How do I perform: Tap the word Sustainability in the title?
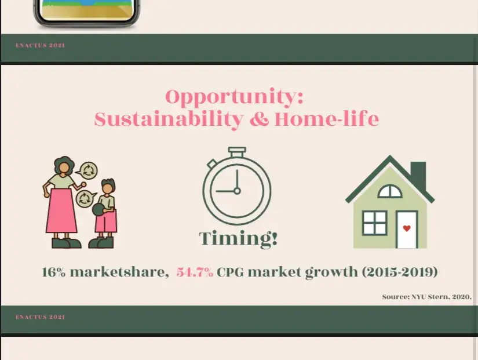169,119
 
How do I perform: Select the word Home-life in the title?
327,119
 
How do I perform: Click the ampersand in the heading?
259,119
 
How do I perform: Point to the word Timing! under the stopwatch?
238,238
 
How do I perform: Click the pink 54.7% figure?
195,272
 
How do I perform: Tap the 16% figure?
53,272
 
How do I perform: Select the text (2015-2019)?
400,272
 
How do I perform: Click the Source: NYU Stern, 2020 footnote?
427,297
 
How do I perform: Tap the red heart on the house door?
407,228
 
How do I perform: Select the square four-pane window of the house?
375,223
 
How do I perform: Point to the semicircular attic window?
390,191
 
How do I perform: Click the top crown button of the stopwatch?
237,152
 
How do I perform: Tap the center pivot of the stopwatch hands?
237,191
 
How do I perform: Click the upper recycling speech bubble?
87,170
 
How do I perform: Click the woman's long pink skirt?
61,210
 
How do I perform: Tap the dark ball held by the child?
98,210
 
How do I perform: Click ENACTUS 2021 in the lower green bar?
40,317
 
